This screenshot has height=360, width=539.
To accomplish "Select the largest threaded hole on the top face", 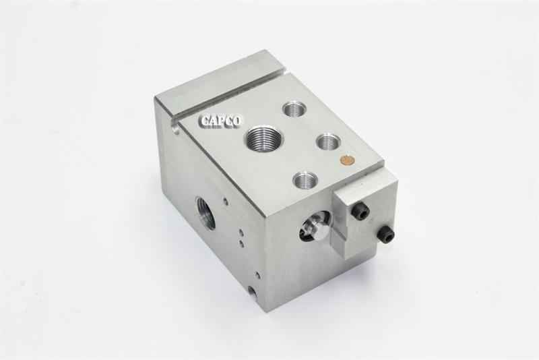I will click(x=263, y=140).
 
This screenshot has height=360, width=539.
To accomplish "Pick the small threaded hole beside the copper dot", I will click(x=328, y=142).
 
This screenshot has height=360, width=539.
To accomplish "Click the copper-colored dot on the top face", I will click(x=348, y=160).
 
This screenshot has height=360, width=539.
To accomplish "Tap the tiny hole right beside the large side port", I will click(x=226, y=201).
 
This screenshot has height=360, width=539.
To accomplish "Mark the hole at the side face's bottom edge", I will click(x=252, y=291).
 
